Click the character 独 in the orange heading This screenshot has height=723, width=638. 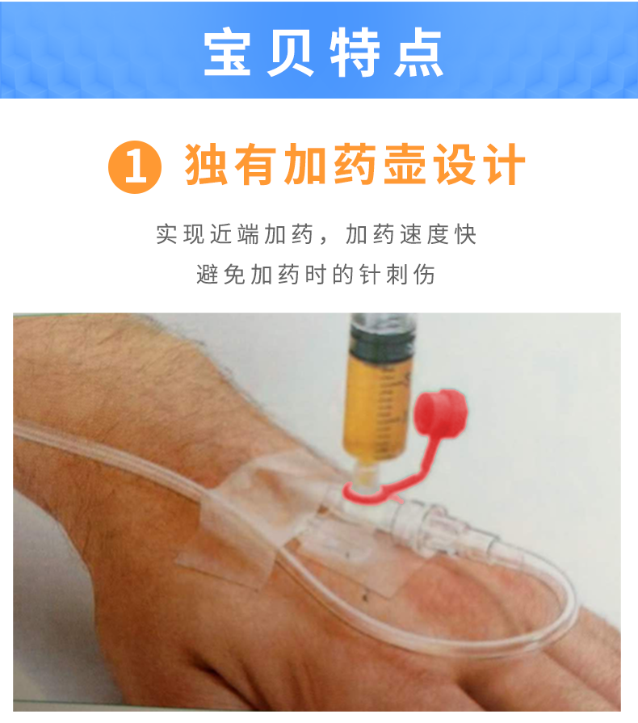click(208, 166)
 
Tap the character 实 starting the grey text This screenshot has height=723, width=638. click(166, 235)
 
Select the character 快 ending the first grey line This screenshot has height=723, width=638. click(465, 235)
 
